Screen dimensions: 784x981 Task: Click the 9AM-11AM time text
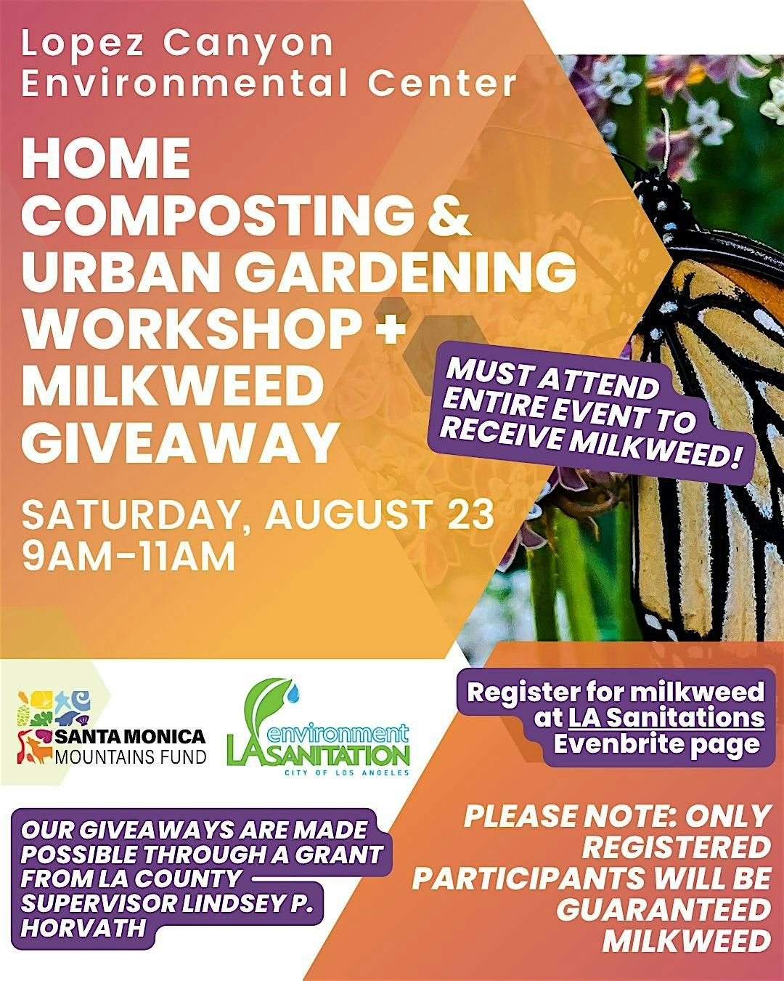pos(129,555)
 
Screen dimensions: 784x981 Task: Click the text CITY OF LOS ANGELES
pos(347,772)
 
